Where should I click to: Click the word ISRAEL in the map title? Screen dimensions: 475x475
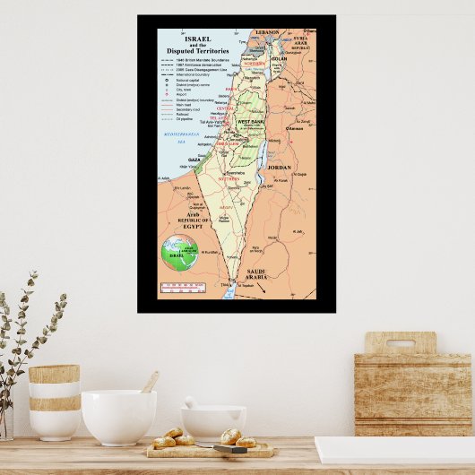pyautogui.click(x=199, y=40)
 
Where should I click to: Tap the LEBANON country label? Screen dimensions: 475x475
pyautogui.click(x=267, y=32)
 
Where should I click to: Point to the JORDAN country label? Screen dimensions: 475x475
pyautogui.click(x=279, y=168)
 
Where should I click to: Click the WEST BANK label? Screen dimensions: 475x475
pyautogui.click(x=250, y=121)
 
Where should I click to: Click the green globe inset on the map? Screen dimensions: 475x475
pyautogui.click(x=178, y=254)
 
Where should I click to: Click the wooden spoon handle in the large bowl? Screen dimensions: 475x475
pyautogui.click(x=151, y=382)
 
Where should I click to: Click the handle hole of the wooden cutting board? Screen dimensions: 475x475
pyautogui.click(x=400, y=342)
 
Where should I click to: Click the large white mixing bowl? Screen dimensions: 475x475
pyautogui.click(x=118, y=416)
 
